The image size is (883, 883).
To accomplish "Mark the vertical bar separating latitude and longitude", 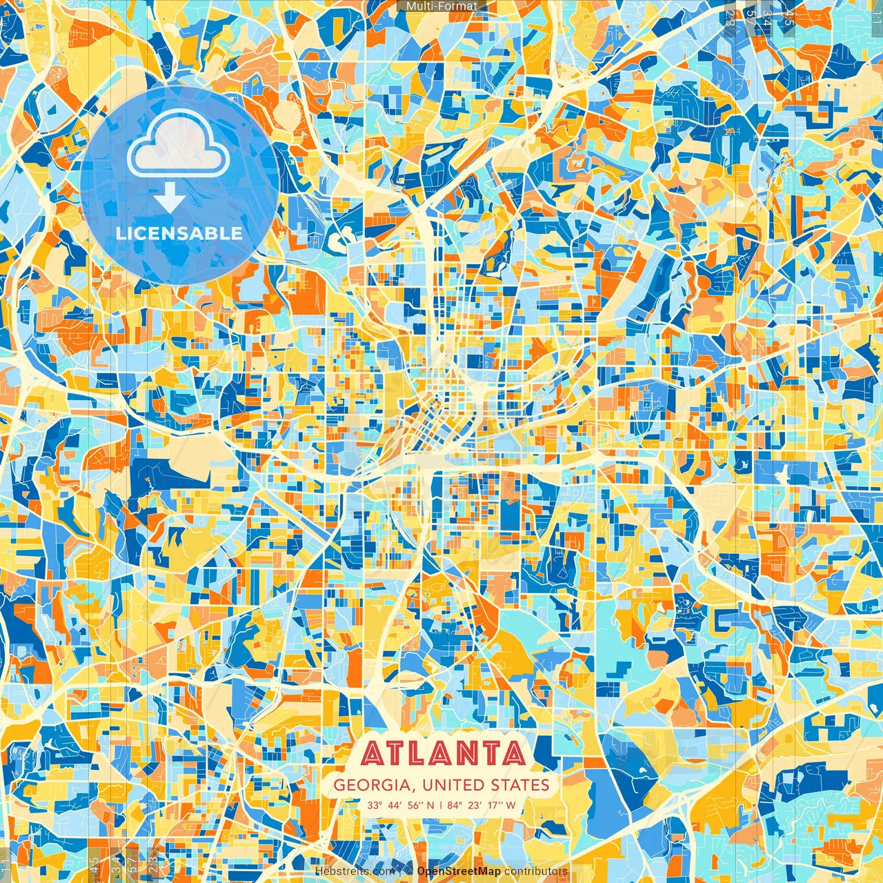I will coord(441,805).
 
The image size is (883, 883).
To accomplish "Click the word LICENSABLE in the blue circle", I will coord(179,233).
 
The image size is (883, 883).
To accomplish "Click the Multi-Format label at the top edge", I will coord(441,6).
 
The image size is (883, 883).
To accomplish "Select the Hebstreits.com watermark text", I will coord(355,871).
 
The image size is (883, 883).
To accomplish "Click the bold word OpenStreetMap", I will coord(459,871).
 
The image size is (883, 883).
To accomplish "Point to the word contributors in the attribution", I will coord(536,871).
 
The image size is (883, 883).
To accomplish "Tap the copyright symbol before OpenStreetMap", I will coord(409,871).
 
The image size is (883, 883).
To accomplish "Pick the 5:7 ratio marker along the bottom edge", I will coord(131,862).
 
